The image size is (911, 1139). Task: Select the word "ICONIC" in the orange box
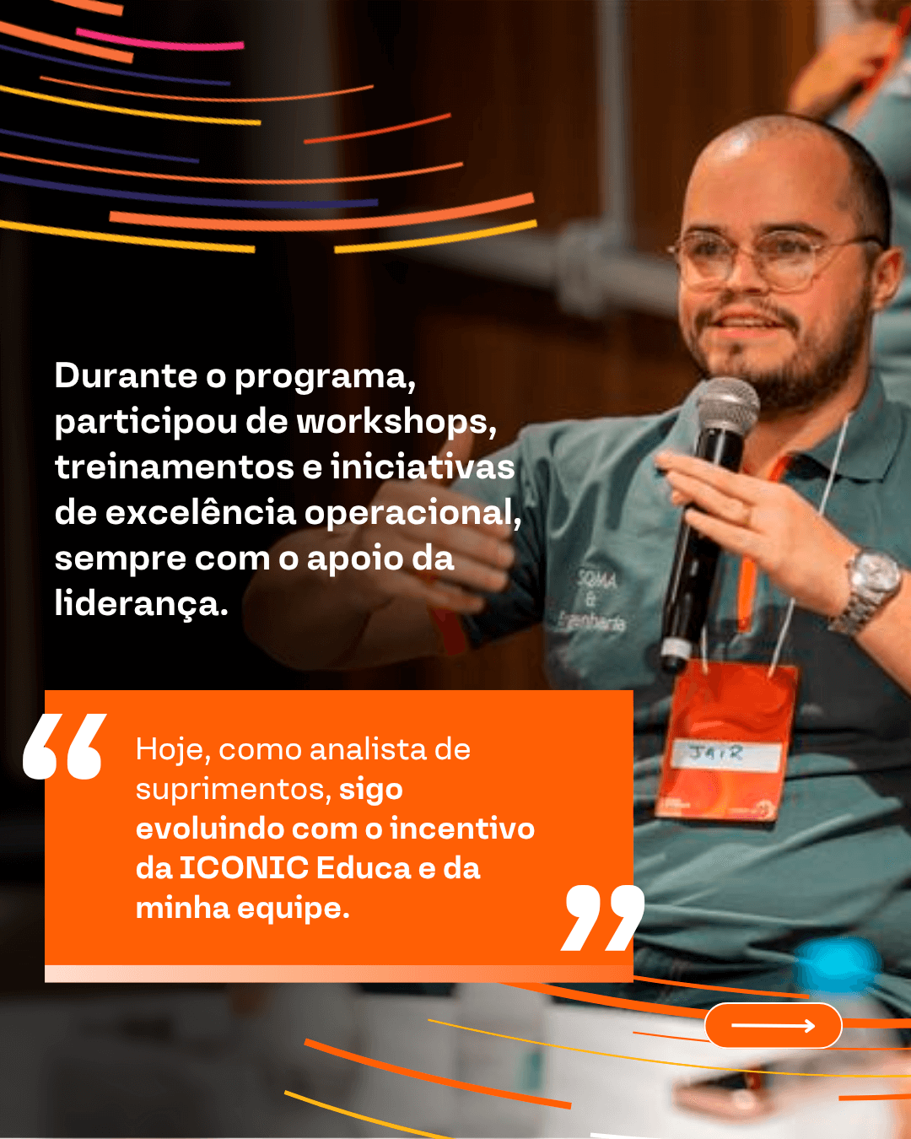click(x=243, y=868)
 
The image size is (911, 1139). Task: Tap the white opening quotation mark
click(x=65, y=747)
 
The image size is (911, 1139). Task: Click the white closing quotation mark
click(x=602, y=917)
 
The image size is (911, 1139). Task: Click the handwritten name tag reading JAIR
click(x=725, y=754)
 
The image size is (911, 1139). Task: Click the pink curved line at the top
click(x=160, y=40)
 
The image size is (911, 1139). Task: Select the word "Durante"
click(x=126, y=376)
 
